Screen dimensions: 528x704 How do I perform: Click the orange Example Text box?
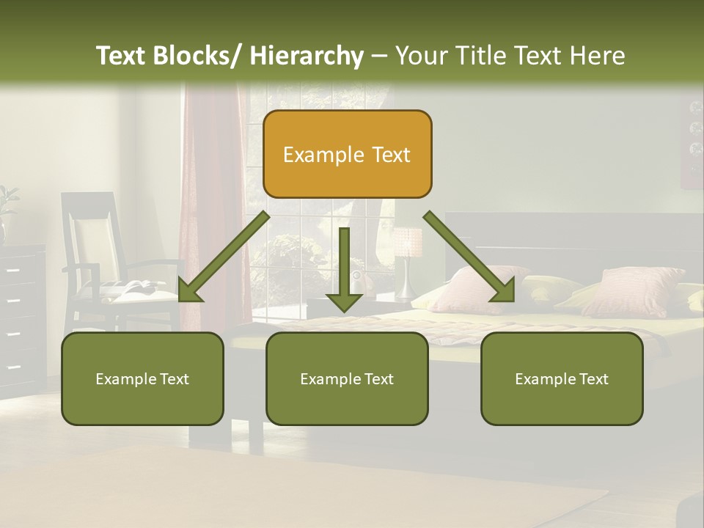(347, 154)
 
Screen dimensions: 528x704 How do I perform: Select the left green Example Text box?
(142, 378)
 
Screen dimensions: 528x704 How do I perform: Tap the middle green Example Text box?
(347, 378)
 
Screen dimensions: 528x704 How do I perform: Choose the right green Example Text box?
(562, 378)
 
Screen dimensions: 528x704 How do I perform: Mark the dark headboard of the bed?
(572, 235)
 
